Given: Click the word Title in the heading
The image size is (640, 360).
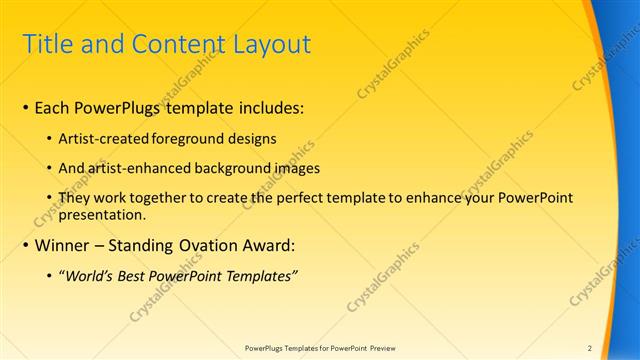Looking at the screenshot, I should pos(44,45).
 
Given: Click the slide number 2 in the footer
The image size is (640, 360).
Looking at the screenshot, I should pos(589,348).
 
